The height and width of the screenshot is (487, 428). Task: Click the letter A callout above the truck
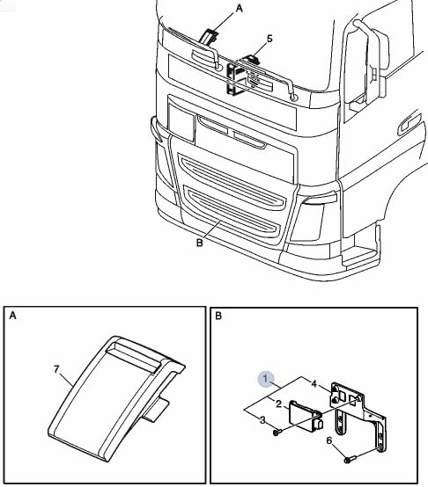pyautogui.click(x=239, y=9)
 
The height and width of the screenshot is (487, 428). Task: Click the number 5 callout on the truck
pyautogui.click(x=269, y=39)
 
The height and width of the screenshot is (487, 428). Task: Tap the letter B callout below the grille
pyautogui.click(x=200, y=243)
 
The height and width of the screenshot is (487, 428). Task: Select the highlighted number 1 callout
pyautogui.click(x=265, y=378)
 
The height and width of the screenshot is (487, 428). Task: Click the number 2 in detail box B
pyautogui.click(x=278, y=403)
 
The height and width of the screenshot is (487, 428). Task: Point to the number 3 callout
pyautogui.click(x=262, y=420)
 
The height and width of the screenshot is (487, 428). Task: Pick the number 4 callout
pyautogui.click(x=314, y=384)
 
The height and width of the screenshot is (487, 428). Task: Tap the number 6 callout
pyautogui.click(x=329, y=440)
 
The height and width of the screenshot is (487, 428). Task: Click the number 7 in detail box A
pyautogui.click(x=56, y=369)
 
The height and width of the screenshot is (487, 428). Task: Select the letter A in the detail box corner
pyautogui.click(x=12, y=316)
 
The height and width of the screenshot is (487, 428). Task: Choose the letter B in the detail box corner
pyautogui.click(x=218, y=316)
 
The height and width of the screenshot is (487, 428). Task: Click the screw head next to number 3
pyautogui.click(x=277, y=432)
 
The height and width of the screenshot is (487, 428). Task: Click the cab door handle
pyautogui.click(x=409, y=124)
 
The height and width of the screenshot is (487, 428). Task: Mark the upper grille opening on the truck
pyautogui.click(x=232, y=179)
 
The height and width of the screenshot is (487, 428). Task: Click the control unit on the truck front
pyautogui.click(x=239, y=78)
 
